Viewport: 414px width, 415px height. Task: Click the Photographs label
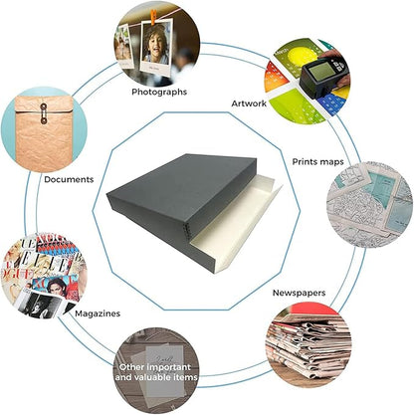[x=159, y=92]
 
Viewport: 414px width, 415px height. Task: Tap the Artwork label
[x=249, y=104]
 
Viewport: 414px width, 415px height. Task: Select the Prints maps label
[x=317, y=162]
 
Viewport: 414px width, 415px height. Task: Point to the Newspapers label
[x=299, y=293]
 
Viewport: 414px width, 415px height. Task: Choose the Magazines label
[x=98, y=313]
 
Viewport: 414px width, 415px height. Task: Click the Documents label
[x=69, y=179]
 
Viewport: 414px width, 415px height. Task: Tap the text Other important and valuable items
[x=156, y=372]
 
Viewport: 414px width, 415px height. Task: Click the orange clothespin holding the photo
[x=153, y=17]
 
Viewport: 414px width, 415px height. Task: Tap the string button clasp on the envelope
[x=44, y=113]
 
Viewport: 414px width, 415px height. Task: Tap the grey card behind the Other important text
[x=165, y=371]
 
